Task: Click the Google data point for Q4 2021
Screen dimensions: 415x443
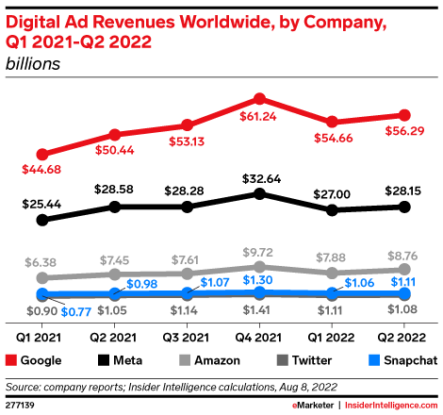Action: pos(260,98)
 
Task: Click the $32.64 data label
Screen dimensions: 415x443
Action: pos(260,175)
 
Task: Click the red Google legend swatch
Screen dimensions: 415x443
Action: pos(12,360)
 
